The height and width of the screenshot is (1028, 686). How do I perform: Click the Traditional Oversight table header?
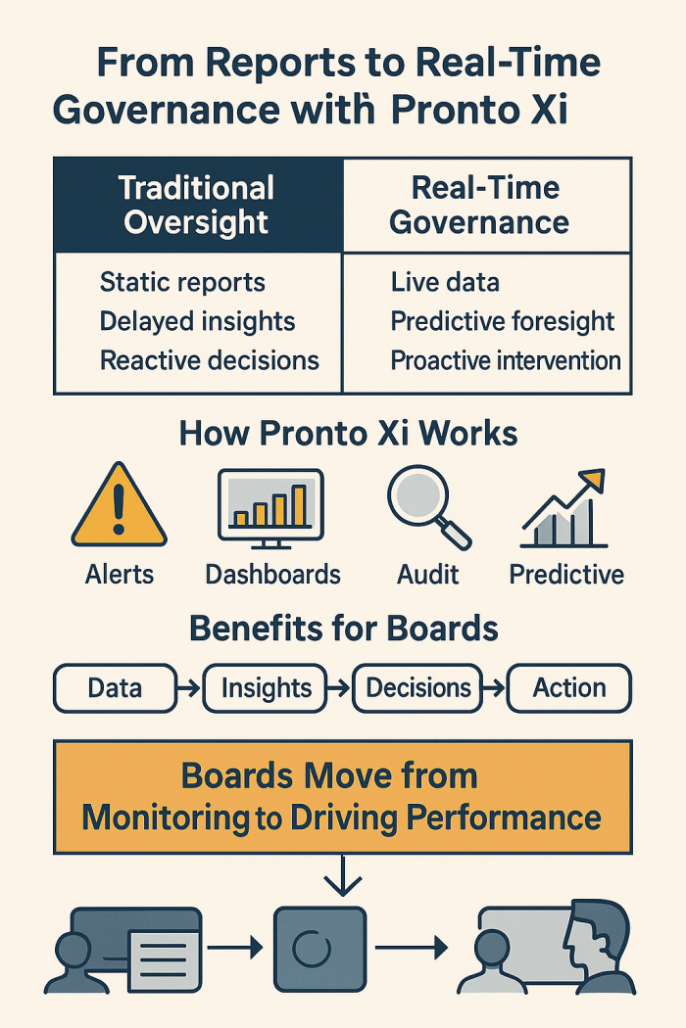click(197, 205)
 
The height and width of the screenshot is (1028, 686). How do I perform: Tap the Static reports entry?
click(182, 283)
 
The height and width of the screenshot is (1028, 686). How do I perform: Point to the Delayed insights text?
click(197, 321)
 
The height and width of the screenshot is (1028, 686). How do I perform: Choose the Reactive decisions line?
click(210, 359)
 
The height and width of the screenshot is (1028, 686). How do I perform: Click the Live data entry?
click(445, 283)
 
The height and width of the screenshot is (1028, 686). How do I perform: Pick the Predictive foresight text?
click(503, 321)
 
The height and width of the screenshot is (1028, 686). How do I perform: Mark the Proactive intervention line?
click(506, 359)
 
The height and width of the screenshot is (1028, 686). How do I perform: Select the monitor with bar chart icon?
click(270, 507)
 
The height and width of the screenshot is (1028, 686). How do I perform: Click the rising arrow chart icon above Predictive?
click(564, 509)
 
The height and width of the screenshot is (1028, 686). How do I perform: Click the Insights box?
click(266, 688)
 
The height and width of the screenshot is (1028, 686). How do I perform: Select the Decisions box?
click(418, 688)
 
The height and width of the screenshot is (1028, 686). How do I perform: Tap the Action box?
click(568, 688)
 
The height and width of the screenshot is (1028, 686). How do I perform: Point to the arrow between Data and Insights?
click(189, 689)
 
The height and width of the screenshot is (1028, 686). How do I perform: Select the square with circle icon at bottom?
click(318, 948)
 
